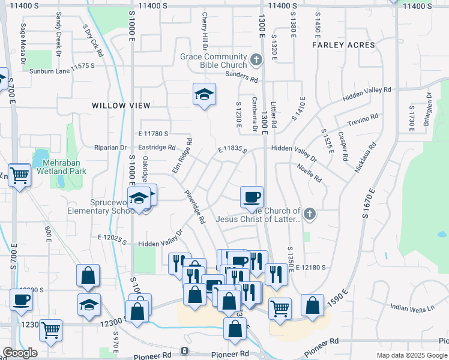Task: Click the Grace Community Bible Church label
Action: coord(214,61)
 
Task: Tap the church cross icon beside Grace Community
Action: coord(256,59)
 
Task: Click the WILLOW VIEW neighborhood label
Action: coord(121,106)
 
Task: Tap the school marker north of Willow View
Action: coord(204,95)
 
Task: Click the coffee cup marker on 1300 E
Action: coord(252,196)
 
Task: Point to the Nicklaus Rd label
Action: coord(365,158)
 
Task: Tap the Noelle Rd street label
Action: coord(310,173)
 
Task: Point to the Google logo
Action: coord(20,353)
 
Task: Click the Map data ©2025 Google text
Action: coord(412,355)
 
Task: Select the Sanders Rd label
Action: coord(241,79)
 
